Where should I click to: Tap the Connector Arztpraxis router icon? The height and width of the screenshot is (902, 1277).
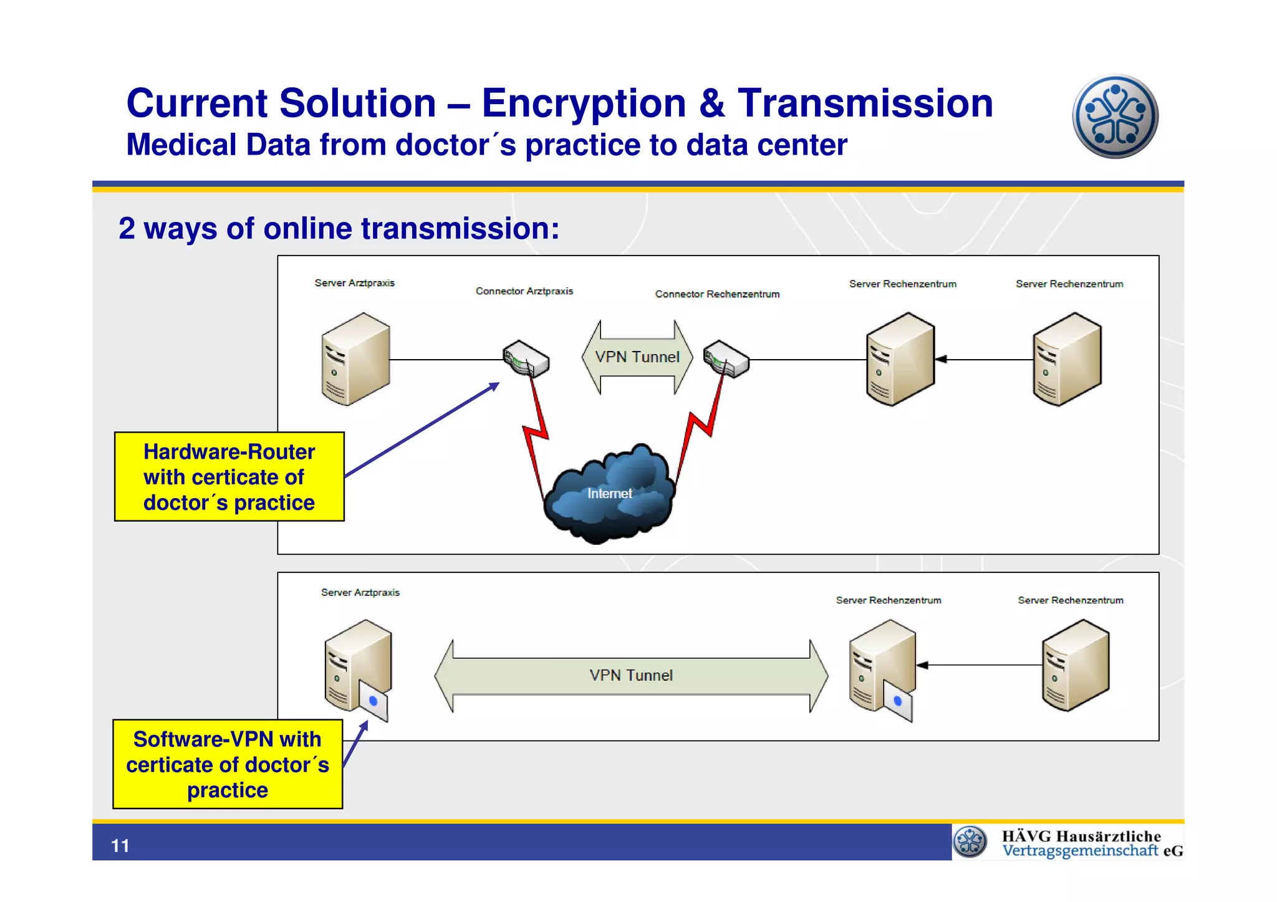click(526, 358)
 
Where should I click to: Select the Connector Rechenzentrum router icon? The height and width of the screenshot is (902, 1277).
click(726, 358)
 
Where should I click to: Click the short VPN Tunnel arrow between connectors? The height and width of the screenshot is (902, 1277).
click(637, 357)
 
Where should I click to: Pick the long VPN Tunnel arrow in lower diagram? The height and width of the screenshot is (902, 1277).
click(631, 676)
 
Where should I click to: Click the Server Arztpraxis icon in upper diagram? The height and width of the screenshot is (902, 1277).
click(355, 360)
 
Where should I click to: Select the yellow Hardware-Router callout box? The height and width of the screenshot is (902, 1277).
click(229, 477)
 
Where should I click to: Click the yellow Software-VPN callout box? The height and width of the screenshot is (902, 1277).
click(228, 764)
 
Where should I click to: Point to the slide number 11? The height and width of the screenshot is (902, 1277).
click(120, 846)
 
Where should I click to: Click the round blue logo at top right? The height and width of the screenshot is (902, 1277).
click(1115, 117)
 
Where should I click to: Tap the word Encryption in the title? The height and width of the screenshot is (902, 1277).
click(583, 103)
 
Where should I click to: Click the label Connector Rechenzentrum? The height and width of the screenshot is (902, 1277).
click(717, 294)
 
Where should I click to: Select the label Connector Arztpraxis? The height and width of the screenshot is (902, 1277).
click(524, 291)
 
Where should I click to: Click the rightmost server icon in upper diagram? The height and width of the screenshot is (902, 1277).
click(1067, 360)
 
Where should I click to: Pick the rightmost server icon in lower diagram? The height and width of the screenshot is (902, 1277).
click(1076, 666)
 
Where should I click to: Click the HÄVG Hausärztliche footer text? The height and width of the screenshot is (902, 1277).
click(1081, 837)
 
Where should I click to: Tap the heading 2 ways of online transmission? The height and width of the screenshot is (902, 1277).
click(339, 229)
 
